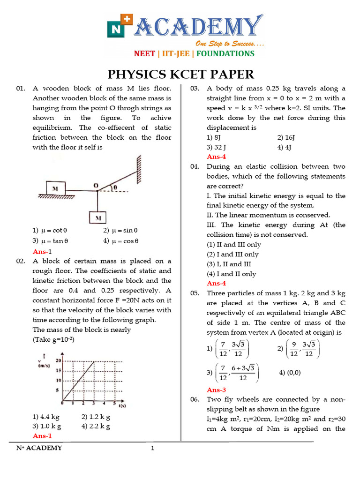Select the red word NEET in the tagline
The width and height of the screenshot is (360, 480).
(x=144, y=53)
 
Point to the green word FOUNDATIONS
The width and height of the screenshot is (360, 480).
(x=225, y=53)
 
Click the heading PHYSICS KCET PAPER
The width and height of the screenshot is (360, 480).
(x=181, y=75)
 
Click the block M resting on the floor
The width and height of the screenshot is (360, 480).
(x=61, y=188)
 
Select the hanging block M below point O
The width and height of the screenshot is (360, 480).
(x=98, y=218)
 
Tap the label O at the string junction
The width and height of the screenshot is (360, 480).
(x=95, y=186)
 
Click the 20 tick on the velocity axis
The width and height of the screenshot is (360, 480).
(x=58, y=360)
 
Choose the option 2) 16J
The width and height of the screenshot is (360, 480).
(x=286, y=137)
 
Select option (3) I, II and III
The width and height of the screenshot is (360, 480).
(x=229, y=264)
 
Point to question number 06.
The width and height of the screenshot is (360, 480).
(x=195, y=399)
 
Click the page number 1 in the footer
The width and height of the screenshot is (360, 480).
(x=152, y=449)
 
